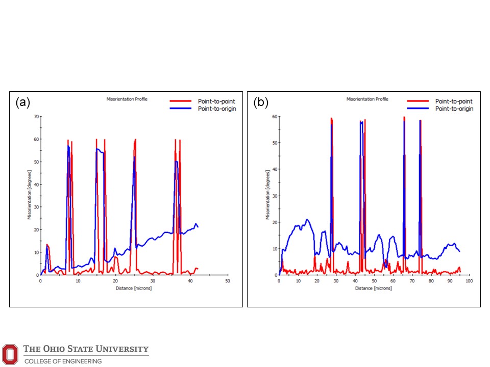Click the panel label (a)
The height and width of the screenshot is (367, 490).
tap(23, 102)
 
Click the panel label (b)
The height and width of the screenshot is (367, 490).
tap(261, 102)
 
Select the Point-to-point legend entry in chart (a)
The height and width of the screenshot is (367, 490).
tap(217, 101)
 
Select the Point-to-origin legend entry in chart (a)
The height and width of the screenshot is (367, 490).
tap(217, 109)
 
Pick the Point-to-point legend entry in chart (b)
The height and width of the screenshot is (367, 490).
tap(454, 101)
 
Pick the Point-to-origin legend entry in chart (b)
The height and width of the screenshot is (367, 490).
tap(454, 109)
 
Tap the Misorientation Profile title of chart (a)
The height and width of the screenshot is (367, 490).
tap(127, 99)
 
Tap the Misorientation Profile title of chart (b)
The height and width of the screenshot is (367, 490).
tap(367, 99)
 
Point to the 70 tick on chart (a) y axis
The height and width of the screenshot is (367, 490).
tap(36, 117)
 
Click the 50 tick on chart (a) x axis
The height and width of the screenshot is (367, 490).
tap(228, 281)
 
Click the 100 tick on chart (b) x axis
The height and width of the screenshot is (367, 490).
tap(469, 281)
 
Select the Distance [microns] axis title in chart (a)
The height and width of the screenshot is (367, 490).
tap(133, 288)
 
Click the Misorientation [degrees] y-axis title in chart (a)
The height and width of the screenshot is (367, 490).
tap(30, 196)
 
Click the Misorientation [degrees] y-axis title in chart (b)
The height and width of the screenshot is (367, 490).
tap(267, 196)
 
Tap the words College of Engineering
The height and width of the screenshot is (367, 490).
tap(63, 361)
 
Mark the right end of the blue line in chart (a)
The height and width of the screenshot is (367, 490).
tap(198, 226)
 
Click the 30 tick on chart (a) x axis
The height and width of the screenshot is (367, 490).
tap(153, 281)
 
